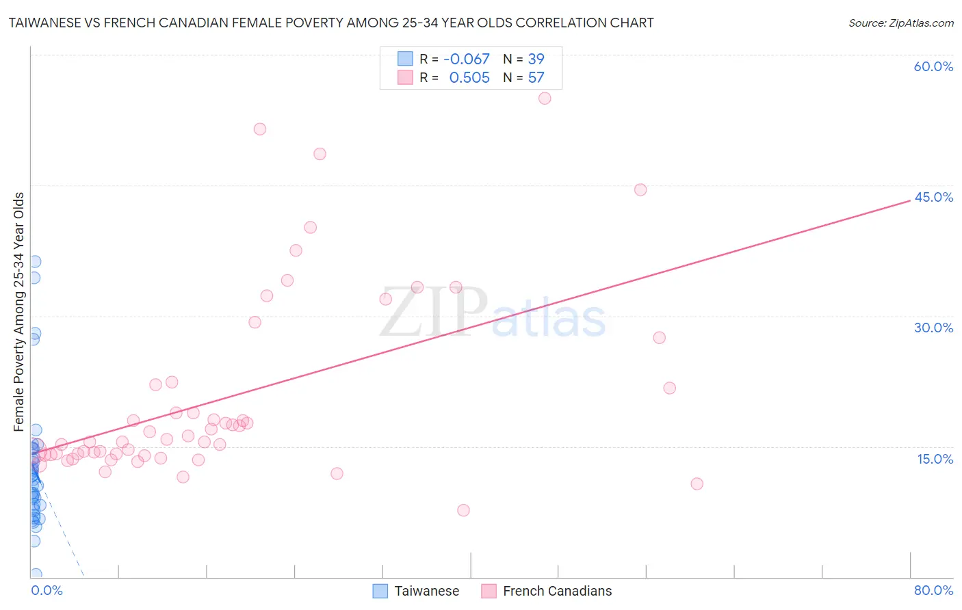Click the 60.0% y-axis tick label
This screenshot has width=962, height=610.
(933, 66)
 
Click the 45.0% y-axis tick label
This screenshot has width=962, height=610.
(933, 197)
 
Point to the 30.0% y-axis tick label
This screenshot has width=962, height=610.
(933, 328)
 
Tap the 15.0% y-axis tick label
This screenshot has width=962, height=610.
(935, 459)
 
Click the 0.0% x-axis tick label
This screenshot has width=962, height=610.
(47, 590)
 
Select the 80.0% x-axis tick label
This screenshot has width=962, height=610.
(933, 590)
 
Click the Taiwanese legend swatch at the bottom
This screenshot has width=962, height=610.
(380, 591)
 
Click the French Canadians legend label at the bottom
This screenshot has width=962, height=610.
(557, 591)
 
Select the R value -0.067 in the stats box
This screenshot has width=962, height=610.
(467, 59)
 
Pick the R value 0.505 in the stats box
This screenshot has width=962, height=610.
(469, 78)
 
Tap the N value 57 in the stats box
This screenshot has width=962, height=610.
(536, 78)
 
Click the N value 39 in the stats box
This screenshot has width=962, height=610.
(536, 59)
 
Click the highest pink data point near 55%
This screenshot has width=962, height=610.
(545, 98)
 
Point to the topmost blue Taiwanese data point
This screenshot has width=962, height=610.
(35, 262)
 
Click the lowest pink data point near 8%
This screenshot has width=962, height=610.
(463, 510)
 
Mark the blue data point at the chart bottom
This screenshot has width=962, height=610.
(36, 574)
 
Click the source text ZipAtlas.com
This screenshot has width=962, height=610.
(900, 23)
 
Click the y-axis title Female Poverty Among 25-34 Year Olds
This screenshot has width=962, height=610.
(19, 312)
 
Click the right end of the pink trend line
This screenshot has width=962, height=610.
(909, 200)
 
